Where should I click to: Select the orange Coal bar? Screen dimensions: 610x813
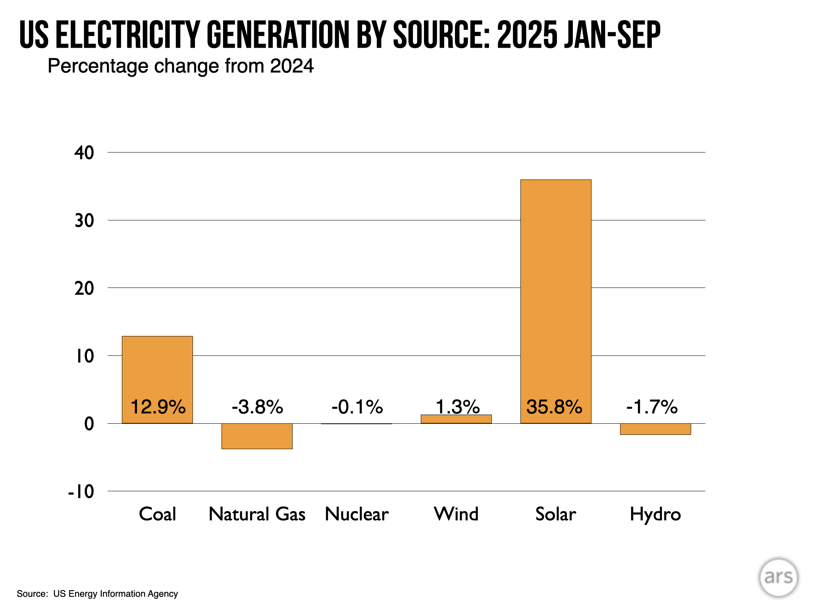(157, 369)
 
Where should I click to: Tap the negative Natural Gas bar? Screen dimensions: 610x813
(257, 436)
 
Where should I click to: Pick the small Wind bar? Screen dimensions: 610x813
(456, 419)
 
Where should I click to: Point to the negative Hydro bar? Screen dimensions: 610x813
(655, 429)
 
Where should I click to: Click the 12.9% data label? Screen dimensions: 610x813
(158, 407)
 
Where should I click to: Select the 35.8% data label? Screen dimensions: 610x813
(554, 407)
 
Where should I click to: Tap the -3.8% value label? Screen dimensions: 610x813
(257, 407)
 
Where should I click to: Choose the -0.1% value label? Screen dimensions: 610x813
(357, 407)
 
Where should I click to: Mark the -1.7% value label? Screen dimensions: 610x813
(652, 407)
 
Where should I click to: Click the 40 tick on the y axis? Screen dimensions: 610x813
(84, 153)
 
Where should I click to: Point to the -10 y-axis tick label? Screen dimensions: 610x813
(81, 492)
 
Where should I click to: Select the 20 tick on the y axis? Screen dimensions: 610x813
(84, 288)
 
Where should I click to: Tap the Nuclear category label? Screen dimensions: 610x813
(356, 514)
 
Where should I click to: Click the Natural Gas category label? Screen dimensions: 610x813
(257, 514)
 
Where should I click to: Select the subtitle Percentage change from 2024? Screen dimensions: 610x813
(181, 66)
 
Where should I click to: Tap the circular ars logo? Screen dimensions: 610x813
(778, 577)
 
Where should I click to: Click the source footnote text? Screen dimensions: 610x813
(97, 594)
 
